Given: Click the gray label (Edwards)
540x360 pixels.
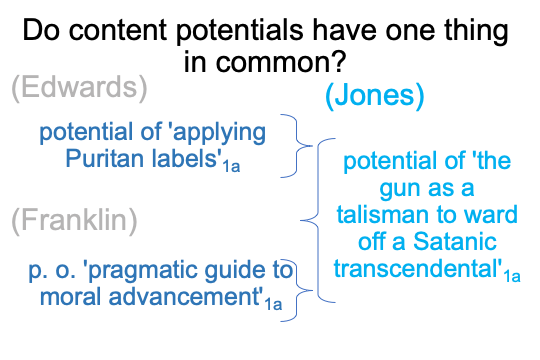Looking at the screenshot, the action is click(x=80, y=88).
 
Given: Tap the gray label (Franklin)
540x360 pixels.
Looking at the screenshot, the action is click(x=74, y=221).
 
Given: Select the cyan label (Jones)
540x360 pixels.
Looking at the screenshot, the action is click(x=375, y=96).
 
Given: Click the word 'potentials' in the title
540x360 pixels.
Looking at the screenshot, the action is click(x=240, y=32).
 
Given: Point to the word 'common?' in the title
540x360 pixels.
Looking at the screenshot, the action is click(x=281, y=61).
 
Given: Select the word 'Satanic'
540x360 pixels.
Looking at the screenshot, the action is click(x=455, y=241).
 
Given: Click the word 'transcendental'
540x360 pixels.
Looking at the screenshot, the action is click(x=418, y=268).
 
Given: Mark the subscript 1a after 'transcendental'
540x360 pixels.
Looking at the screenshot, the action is click(x=512, y=277).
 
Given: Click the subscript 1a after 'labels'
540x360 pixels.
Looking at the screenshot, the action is click(x=231, y=167).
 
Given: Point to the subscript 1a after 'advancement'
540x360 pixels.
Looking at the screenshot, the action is click(x=273, y=305).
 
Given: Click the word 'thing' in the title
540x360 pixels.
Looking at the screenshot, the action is click(x=476, y=32).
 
